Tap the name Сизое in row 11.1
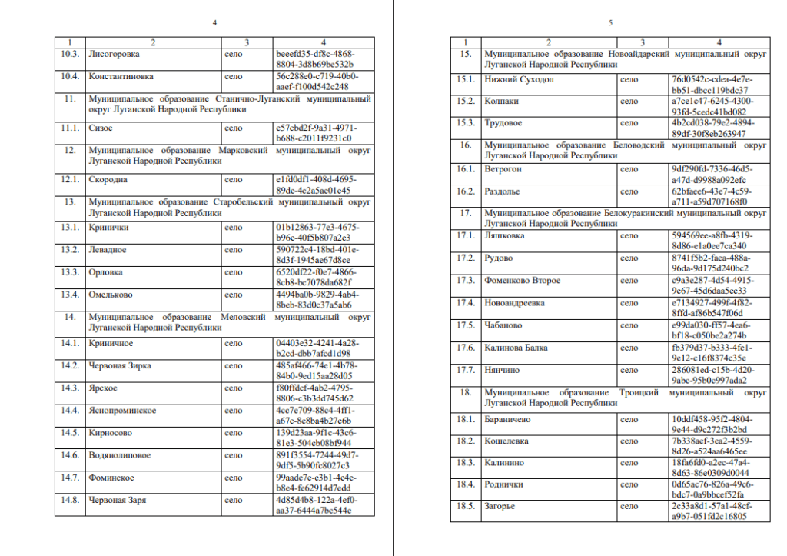pos(101,128)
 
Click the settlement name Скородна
pos(110,179)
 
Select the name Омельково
pos(111,294)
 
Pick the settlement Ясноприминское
pos(123,411)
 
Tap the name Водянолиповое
pos(120,455)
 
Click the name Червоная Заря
pos(118,500)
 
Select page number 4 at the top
pos(214,23)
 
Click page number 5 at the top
pos(610,23)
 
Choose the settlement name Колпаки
pos(501,101)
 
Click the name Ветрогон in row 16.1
pos(503,168)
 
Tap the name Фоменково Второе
pos(522,281)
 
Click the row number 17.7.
pos(466,370)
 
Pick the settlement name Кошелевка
pos(506,441)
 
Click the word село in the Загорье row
pos(629,506)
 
